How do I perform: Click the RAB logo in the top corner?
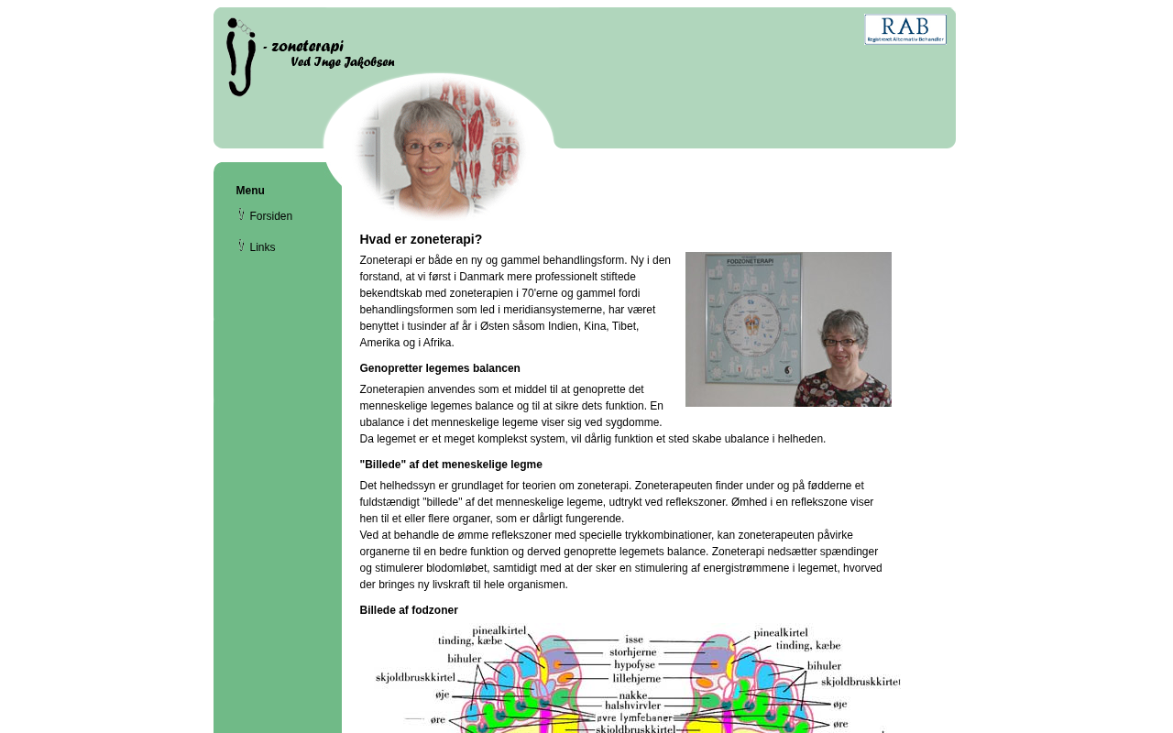point(904,29)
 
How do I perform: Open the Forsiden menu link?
point(270,216)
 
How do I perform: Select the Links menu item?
point(262,247)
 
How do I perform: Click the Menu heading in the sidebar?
point(250,191)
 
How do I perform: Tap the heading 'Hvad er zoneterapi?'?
point(421,239)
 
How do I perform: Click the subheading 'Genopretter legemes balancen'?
point(440,368)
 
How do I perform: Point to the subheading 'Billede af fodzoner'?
point(409,610)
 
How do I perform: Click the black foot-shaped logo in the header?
point(239,57)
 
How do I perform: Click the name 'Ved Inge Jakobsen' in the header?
point(342,62)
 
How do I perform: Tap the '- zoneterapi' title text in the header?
point(303,47)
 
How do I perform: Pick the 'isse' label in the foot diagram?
point(634,640)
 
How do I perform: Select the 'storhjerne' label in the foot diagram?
point(634,652)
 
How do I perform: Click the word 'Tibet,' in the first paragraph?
point(625,326)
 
